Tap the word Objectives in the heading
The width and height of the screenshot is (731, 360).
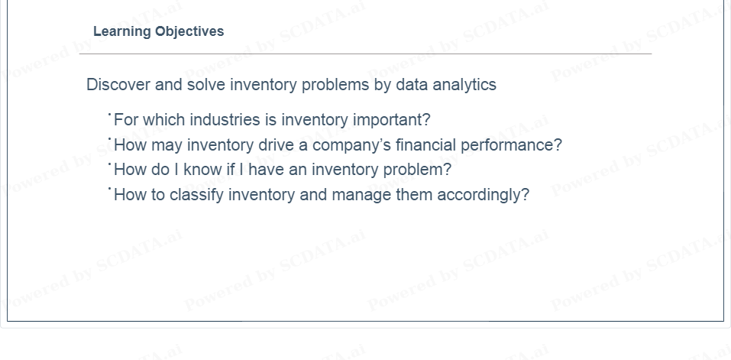pyautogui.click(x=189, y=31)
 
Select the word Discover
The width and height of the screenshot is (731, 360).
pyautogui.click(x=118, y=85)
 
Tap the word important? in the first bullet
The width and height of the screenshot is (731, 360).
pyautogui.click(x=392, y=120)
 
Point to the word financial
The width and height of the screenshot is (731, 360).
pyautogui.click(x=425, y=145)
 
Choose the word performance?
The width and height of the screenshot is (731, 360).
pyautogui.click(x=512, y=145)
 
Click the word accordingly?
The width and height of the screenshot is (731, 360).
pyautogui.click(x=483, y=195)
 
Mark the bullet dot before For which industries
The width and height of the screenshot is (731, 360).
pyautogui.click(x=109, y=114)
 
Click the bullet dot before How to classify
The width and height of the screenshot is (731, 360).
pyautogui.click(x=109, y=188)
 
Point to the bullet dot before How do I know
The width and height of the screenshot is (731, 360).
pyautogui.click(x=109, y=164)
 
